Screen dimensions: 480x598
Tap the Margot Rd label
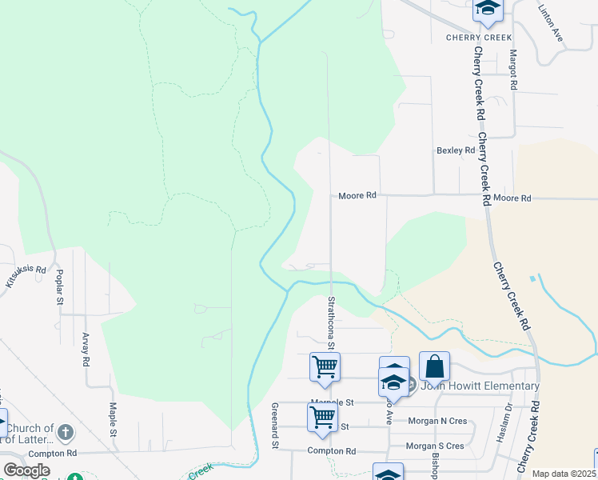tap(513, 70)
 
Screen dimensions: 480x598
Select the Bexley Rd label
tap(456, 150)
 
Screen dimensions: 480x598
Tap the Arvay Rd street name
tap(86, 350)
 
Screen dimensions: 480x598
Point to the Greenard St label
tap(275, 424)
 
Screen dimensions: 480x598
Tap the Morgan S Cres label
tap(435, 446)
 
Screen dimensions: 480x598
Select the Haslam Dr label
tap(508, 418)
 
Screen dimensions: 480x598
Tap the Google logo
tap(26, 470)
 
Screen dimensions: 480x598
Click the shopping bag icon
tap(434, 366)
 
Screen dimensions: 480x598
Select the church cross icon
tap(66, 433)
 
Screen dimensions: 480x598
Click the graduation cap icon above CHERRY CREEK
tap(487, 10)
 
